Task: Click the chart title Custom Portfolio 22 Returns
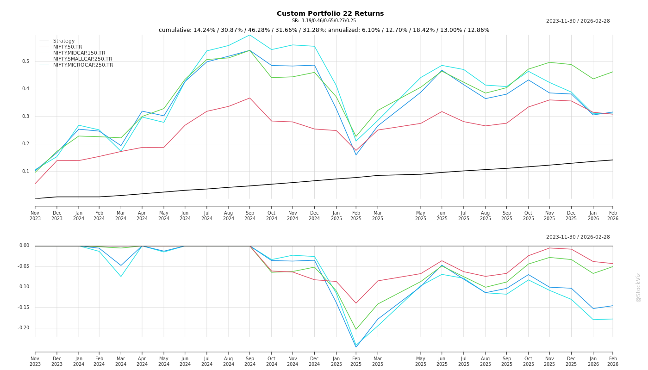[330, 13]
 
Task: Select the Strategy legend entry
[64, 41]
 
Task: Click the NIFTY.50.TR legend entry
[68, 47]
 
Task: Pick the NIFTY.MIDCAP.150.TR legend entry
[79, 53]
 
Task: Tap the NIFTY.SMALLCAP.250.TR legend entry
[82, 59]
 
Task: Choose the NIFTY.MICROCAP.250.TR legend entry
[83, 65]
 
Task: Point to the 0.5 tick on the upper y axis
[25, 62]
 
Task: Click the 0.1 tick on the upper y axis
[25, 172]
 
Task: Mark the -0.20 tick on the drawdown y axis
[23, 328]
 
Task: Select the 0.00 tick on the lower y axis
[24, 246]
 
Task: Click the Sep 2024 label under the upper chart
[250, 216]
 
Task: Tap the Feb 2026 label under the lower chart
[613, 361]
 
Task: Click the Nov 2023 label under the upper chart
[35, 216]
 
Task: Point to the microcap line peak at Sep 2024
[250, 35]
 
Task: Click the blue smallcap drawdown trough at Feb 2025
[356, 347]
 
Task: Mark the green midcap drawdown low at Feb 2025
[356, 329]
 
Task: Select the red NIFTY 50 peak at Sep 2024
[250, 98]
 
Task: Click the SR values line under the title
[324, 21]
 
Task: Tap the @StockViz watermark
[638, 287]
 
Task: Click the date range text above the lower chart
[578, 237]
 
